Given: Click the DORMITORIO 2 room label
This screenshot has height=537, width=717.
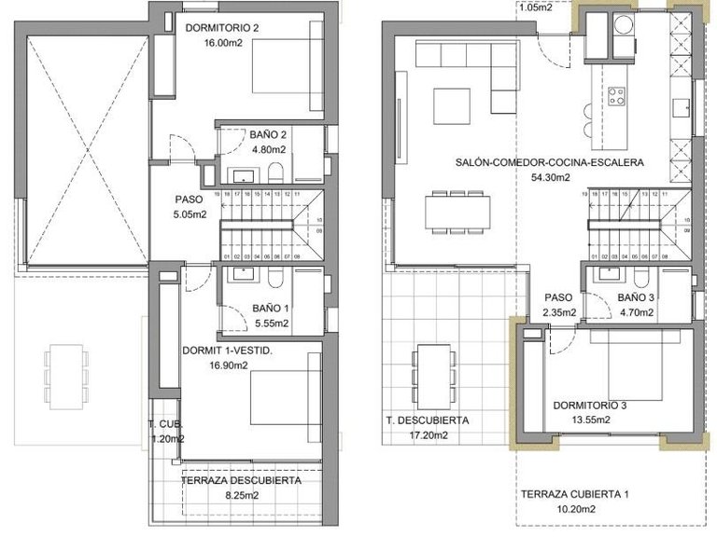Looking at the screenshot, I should coord(222,28).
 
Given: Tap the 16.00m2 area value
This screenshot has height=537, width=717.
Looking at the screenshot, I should coord(210,42).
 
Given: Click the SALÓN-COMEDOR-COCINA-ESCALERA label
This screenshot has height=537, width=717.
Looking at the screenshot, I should coord(550,162).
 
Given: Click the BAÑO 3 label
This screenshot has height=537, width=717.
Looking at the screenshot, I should coord(637,298).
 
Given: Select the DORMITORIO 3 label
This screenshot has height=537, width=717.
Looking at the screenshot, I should coord(589,406).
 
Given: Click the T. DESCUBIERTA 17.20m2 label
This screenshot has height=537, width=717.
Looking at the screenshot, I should coord(428,427).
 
